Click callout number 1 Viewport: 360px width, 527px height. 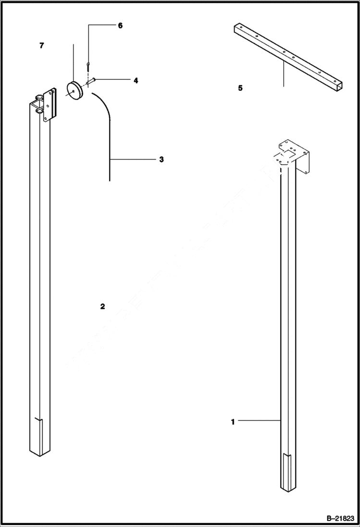click(233, 422)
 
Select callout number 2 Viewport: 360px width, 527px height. click(102, 306)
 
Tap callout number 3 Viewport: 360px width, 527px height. click(161, 159)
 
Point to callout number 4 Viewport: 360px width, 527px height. click(136, 81)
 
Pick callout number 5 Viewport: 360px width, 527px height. click(240, 88)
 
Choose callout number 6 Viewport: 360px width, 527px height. click(120, 25)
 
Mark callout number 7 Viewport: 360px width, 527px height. click(42, 46)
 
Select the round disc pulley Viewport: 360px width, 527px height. click(75, 90)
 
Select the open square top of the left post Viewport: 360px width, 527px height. click(37, 102)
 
